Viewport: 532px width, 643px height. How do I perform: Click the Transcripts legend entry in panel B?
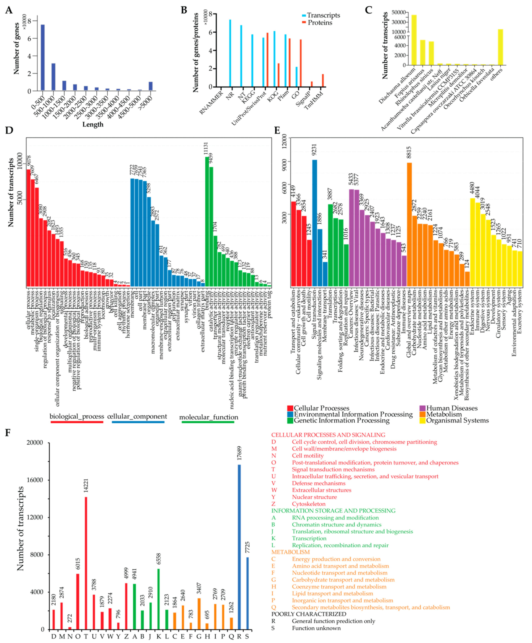click(x=323, y=15)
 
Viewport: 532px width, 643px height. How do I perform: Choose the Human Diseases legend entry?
click(x=451, y=408)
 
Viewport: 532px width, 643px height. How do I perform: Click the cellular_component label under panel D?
click(x=137, y=416)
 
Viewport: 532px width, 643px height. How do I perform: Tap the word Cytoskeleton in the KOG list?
click(x=308, y=504)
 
